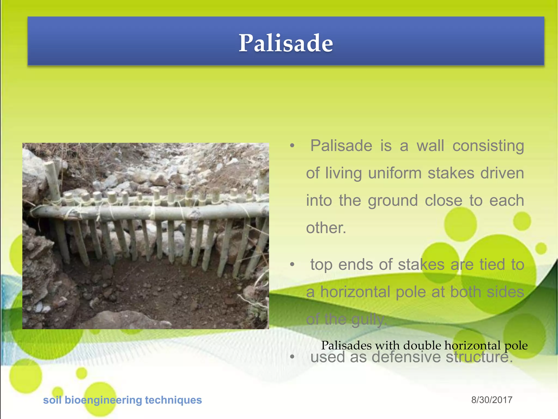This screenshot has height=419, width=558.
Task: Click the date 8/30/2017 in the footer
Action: pos(492,400)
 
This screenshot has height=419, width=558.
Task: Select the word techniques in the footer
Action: pos(173,400)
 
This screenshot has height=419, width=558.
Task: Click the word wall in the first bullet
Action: pos(430,146)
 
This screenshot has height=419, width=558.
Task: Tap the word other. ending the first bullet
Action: pos(326,228)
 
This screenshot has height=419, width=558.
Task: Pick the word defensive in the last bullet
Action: pos(406,357)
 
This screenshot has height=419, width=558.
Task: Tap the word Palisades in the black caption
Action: pos(346,346)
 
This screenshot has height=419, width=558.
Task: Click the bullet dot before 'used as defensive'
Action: pos(292,357)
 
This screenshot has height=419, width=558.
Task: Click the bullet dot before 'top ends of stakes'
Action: pos(292,264)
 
